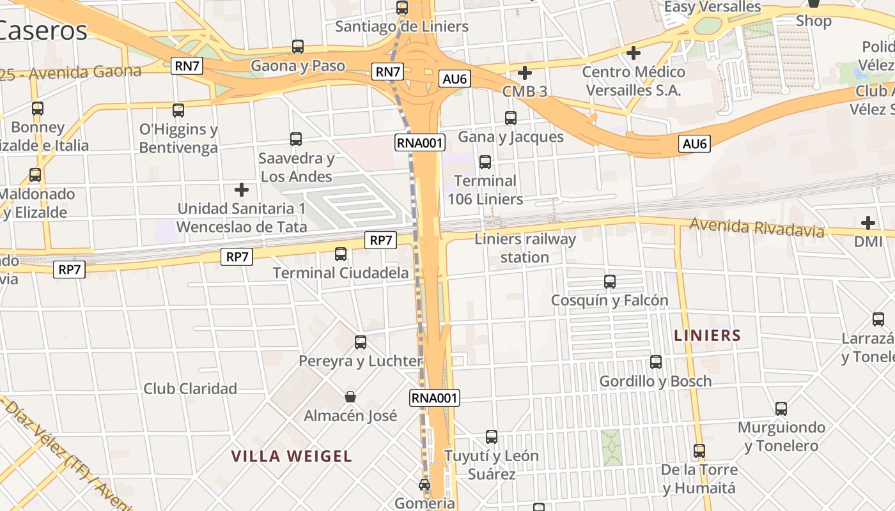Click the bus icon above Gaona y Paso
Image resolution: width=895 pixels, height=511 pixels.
click(298, 47)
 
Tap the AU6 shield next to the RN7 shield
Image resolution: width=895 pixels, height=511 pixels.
click(455, 79)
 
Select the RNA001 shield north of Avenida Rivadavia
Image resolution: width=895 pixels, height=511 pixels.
click(420, 142)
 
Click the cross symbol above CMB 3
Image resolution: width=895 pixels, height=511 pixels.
click(525, 73)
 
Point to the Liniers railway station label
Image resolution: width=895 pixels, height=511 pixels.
click(525, 248)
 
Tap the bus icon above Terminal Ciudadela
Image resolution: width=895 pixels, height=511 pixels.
click(341, 254)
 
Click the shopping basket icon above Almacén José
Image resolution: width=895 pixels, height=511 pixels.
click(350, 397)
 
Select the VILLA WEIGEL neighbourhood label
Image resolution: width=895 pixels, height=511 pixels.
click(292, 456)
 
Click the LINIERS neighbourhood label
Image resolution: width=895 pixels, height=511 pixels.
click(708, 335)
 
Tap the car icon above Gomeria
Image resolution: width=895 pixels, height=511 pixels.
click(424, 485)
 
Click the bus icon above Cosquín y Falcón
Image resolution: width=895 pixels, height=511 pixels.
click(610, 281)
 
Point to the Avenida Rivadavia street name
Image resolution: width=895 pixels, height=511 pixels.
click(757, 227)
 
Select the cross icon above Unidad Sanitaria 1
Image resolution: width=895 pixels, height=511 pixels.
click(242, 190)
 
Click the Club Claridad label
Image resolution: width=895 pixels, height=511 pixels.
click(190, 388)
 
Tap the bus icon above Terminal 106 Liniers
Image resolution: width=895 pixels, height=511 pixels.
click(485, 162)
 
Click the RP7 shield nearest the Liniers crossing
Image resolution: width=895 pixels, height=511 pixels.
click(381, 240)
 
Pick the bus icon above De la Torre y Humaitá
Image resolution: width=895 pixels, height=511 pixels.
click(699, 451)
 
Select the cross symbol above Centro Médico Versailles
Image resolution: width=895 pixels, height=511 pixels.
click(634, 52)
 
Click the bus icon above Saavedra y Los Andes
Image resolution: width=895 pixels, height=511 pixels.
click(296, 139)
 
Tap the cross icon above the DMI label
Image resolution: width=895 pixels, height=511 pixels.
click(868, 223)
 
